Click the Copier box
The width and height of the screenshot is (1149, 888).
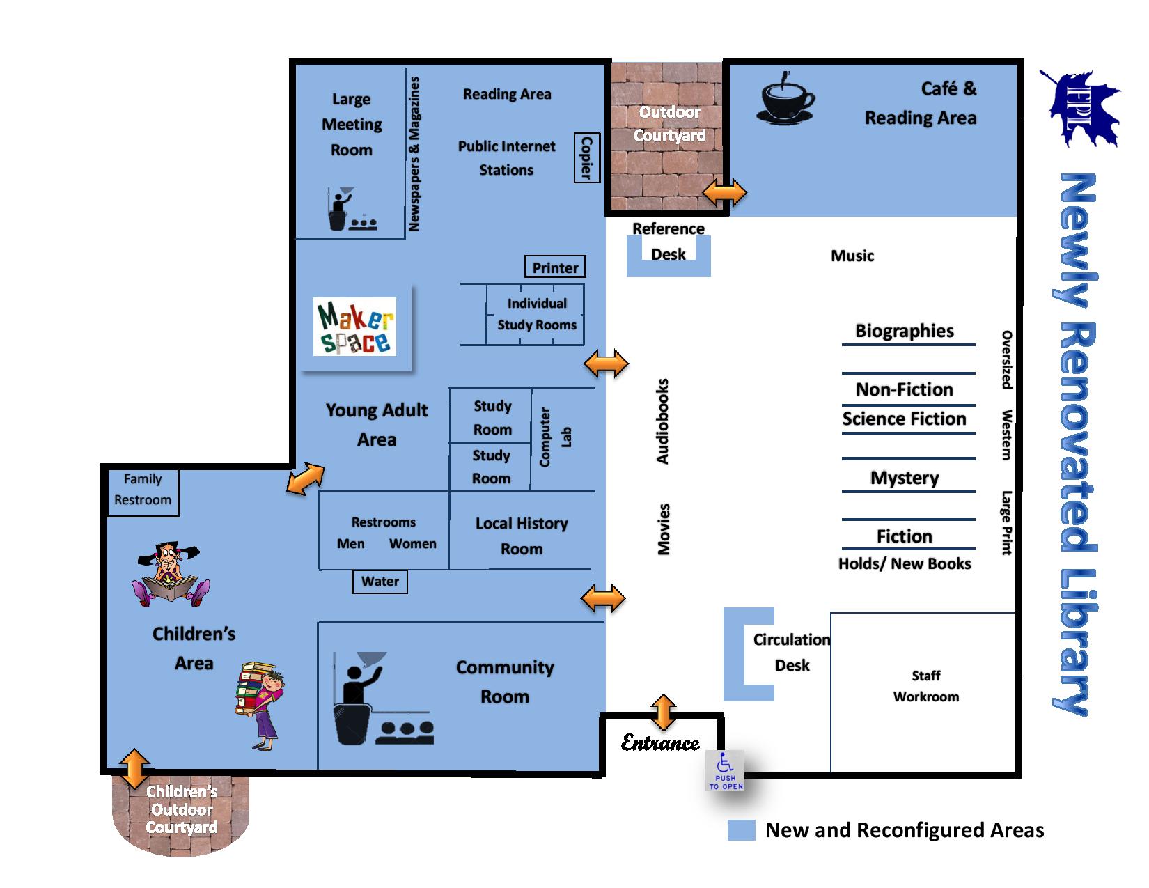point(586,157)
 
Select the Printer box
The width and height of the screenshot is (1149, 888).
point(555,267)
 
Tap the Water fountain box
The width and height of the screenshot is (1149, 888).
point(380,582)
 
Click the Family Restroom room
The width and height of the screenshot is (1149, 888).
point(143,490)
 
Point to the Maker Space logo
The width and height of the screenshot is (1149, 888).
point(355,327)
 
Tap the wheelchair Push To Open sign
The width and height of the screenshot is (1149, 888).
point(726,772)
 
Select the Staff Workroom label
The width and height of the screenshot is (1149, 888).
point(925,686)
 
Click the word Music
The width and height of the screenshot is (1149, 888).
point(852,256)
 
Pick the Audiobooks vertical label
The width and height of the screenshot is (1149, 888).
point(662,421)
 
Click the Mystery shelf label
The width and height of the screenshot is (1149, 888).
point(905,478)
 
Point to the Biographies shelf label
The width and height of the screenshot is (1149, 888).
point(905,331)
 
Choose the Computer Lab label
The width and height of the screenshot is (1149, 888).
point(555,437)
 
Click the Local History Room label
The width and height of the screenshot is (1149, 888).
point(522,536)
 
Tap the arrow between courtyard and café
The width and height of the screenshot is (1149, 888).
point(725,193)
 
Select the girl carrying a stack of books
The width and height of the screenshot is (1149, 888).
point(260,703)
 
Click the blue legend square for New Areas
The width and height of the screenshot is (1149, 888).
point(741,830)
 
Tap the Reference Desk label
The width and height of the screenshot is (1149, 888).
point(669,241)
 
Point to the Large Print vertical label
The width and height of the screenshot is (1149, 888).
point(1006,523)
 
